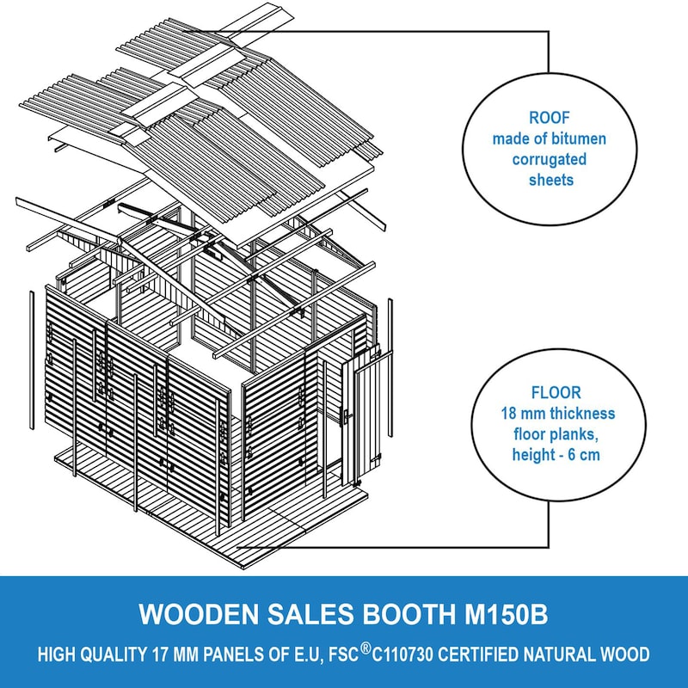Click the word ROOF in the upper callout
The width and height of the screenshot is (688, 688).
550,119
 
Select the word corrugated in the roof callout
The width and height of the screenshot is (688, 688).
550,160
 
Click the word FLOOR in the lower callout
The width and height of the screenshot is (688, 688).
550,394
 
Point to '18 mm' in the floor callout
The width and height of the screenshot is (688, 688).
519,415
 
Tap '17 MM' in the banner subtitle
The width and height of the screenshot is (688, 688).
177,654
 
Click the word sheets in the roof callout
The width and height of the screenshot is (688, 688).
550,181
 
